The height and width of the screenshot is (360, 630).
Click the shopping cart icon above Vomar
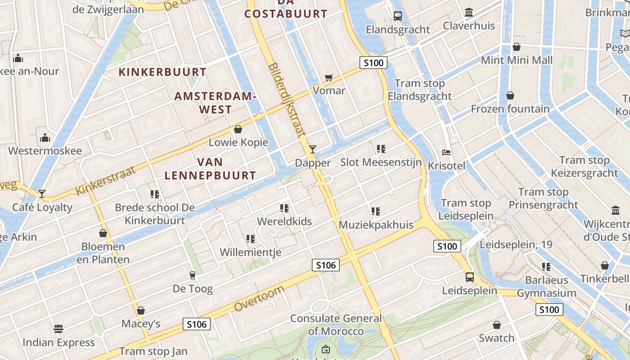(x=328, y=77)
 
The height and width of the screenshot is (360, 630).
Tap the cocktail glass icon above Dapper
(x=313, y=149)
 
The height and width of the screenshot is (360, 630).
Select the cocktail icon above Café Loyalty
(x=42, y=193)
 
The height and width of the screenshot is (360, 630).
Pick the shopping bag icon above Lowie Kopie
(x=238, y=129)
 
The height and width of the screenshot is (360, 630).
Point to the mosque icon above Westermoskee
(x=45, y=137)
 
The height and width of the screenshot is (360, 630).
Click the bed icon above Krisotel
(x=446, y=153)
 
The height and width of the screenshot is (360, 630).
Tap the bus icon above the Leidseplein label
(x=469, y=277)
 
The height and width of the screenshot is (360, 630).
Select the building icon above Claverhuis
(x=469, y=13)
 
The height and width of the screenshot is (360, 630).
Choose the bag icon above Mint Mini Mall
(x=517, y=47)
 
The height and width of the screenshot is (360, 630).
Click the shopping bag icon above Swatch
(x=497, y=325)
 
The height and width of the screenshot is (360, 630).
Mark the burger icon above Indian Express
(x=58, y=329)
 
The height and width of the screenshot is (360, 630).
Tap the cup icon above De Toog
(x=193, y=275)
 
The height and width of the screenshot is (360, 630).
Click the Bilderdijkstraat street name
(x=286, y=99)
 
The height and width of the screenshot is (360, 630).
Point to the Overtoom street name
(x=259, y=298)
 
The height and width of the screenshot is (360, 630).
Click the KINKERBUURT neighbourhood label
(x=162, y=72)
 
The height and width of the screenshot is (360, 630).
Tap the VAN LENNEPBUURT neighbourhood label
(x=210, y=169)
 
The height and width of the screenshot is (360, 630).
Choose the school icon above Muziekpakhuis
(x=376, y=211)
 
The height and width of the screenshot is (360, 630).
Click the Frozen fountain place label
(x=510, y=109)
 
